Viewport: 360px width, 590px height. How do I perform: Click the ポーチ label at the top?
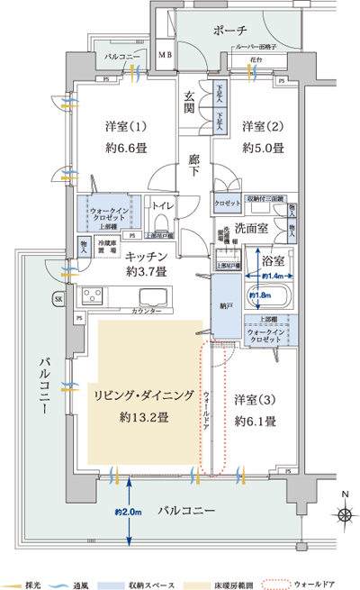coord(231,31)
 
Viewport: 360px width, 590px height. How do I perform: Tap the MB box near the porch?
coord(165,56)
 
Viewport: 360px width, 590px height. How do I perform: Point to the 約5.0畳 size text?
coord(261,148)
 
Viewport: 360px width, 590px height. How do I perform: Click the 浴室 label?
coord(274,260)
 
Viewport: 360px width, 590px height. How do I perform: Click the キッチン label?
coord(142,257)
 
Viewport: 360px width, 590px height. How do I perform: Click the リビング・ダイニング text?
coord(139,394)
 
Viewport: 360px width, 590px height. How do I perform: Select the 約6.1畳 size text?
coord(255,421)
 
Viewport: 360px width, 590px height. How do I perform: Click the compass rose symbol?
coord(345,514)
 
